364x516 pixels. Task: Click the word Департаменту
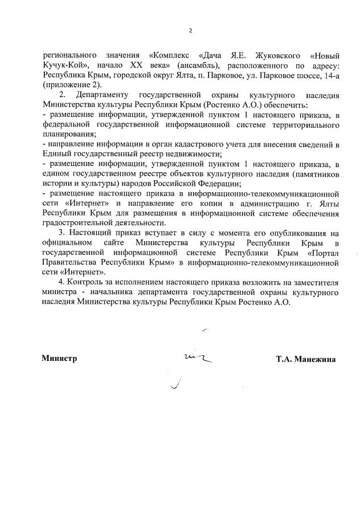pos(101,95)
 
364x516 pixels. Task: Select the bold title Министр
pos(59,359)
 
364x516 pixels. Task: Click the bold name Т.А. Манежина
pos(305,359)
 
